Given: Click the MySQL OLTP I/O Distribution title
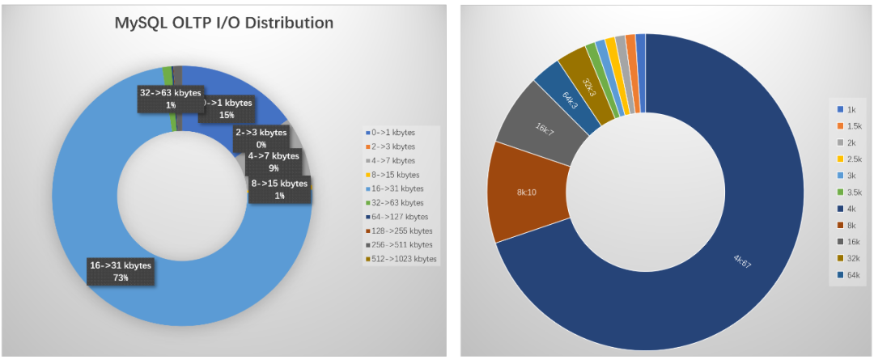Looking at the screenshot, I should [223, 23].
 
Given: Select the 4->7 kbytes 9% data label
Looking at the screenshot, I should [274, 162].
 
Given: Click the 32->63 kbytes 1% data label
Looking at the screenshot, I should [170, 99].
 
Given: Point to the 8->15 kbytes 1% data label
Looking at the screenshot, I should [280, 189].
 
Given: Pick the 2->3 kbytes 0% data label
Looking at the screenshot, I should [261, 138].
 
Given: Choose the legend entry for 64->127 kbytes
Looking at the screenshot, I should [401, 216].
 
